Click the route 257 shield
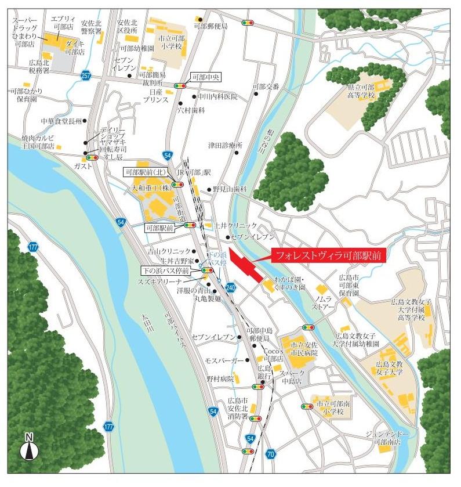click(x=86, y=76)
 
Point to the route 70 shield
click(x=270, y=453)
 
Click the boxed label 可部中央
click(x=206, y=77)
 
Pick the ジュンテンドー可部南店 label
click(x=387, y=438)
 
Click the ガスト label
click(x=84, y=166)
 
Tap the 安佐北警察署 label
click(x=92, y=27)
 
